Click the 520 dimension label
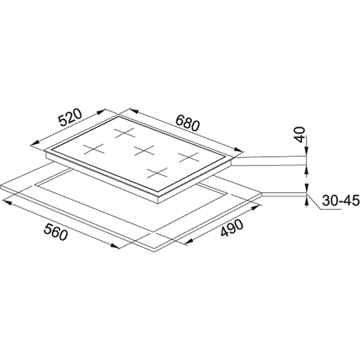[x=70, y=118]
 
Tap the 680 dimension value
[x=188, y=123]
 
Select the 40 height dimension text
[x=300, y=135]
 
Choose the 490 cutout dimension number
[x=231, y=228]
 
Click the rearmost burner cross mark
[x=125, y=133]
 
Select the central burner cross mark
[x=144, y=150]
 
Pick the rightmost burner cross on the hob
[x=189, y=157]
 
